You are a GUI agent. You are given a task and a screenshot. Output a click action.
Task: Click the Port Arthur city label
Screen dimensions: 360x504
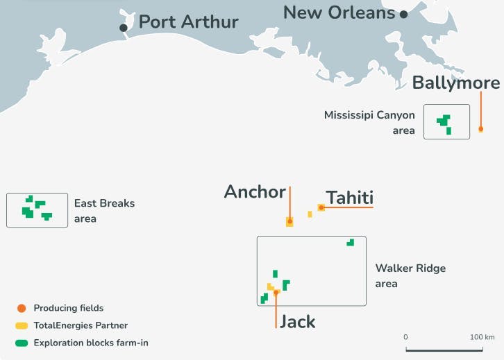[x=188, y=22]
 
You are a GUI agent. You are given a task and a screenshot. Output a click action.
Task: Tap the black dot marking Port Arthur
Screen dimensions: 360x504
[x=124, y=28]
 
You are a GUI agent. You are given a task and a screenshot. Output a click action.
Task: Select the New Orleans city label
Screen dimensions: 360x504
[x=339, y=12]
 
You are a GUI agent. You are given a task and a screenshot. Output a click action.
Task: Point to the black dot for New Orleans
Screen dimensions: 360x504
[x=403, y=13]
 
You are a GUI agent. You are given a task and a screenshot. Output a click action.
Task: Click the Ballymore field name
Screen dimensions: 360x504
[x=455, y=83]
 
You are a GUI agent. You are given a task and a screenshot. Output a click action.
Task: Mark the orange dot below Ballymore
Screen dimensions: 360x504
[x=480, y=129]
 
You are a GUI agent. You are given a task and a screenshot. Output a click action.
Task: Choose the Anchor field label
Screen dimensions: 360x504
[x=254, y=192]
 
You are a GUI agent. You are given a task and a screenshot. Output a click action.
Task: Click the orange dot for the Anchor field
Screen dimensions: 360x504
[x=289, y=222]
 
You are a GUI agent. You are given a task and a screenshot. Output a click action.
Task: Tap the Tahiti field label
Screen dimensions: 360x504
[x=350, y=197]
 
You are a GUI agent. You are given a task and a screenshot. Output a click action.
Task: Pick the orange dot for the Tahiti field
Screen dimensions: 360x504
[x=321, y=207]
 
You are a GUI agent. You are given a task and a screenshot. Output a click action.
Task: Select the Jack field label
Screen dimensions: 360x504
[x=297, y=322]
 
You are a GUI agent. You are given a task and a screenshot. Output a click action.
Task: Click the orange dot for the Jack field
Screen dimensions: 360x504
[x=276, y=293]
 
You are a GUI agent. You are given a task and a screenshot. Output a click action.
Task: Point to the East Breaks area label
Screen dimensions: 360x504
[x=104, y=211]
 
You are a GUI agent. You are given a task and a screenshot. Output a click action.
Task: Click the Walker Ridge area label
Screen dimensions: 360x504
[x=410, y=275]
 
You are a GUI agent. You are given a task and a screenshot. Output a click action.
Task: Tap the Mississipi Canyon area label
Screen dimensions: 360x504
[x=369, y=122]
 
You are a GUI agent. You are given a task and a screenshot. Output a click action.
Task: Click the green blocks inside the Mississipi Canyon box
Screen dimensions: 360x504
[x=444, y=123]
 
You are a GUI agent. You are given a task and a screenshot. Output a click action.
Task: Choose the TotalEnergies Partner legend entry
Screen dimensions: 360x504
[x=80, y=325]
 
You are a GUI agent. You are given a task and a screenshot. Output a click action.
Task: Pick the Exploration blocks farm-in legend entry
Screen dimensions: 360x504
[x=90, y=343]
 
